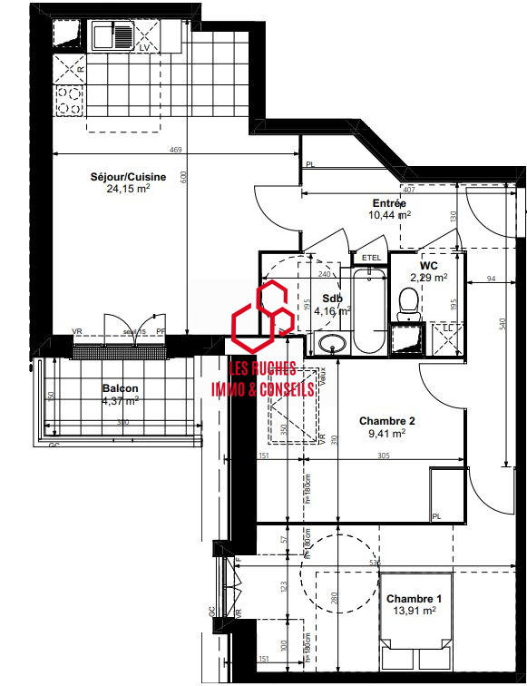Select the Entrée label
point(389,203)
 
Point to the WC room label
point(429,266)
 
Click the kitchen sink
point(112,36)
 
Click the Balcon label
point(121,387)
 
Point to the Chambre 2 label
point(386,421)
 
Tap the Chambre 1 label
point(414,599)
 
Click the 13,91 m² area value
point(414,612)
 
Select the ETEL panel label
point(371,258)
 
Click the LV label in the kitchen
point(143,48)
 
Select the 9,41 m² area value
point(386,434)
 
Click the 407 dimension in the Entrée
point(407,191)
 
